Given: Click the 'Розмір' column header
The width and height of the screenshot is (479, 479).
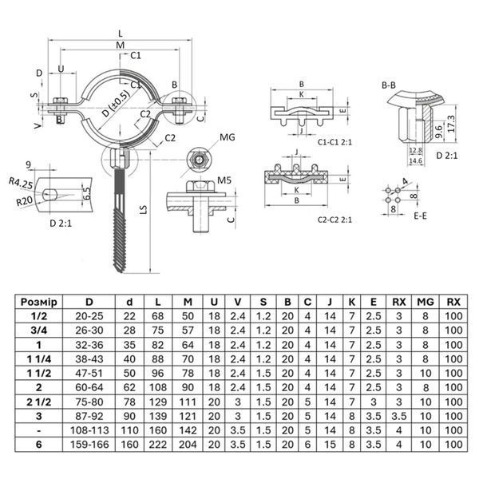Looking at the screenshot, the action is [x=39, y=302].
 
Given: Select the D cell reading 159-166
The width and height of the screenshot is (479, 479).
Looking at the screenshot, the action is [x=89, y=445].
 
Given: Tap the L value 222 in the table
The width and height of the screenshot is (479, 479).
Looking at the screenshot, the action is [x=157, y=445].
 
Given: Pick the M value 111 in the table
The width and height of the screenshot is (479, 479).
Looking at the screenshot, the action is [x=188, y=402].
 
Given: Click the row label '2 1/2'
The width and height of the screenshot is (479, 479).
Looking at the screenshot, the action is [x=39, y=402].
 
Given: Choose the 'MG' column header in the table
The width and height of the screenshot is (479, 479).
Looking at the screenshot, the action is [x=426, y=302].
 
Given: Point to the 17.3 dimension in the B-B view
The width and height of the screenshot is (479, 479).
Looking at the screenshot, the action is [x=451, y=124].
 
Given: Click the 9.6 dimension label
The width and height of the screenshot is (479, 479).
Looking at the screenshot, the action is [x=438, y=132].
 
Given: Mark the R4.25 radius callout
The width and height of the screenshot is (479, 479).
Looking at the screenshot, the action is [x=21, y=183].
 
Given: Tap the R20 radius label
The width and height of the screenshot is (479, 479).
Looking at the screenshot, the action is [x=25, y=201].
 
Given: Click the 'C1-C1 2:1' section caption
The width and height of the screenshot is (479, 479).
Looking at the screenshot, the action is [x=335, y=142].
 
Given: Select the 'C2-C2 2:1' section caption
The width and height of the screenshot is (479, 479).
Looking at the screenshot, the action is [x=335, y=220].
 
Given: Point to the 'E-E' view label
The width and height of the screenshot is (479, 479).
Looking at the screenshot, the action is [x=420, y=216].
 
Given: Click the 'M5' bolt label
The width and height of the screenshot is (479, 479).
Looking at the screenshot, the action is [x=224, y=180].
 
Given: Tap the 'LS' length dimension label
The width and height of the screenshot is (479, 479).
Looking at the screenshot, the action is [x=144, y=209].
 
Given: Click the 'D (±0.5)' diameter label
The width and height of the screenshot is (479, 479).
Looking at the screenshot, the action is [x=116, y=104].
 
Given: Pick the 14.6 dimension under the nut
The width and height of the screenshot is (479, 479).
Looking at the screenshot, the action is [x=415, y=160].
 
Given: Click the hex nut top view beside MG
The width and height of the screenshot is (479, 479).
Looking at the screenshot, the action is [x=198, y=159].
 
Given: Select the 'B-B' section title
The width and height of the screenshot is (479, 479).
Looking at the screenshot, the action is [x=389, y=85].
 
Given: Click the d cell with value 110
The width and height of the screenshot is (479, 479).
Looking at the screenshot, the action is [x=129, y=430].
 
